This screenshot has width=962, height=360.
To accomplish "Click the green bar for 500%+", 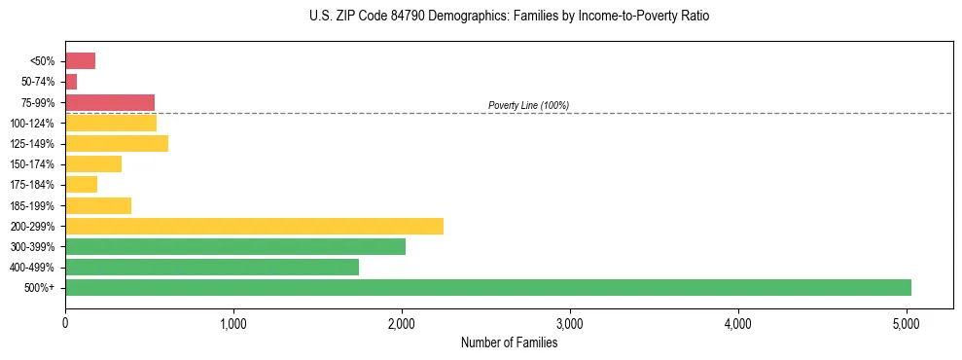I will click(x=487, y=287).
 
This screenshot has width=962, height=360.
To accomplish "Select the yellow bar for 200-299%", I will click(x=254, y=226).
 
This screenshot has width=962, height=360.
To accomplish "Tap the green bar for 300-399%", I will click(x=234, y=246).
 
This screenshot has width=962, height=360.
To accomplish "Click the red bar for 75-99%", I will click(x=109, y=102).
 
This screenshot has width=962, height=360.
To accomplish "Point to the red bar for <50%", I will click(x=80, y=61).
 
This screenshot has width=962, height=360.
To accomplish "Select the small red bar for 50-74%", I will click(x=71, y=82).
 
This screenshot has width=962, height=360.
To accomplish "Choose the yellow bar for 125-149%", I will click(x=116, y=144).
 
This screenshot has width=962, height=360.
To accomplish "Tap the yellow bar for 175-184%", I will click(x=81, y=185).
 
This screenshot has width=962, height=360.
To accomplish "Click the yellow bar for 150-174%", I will click(x=92, y=164).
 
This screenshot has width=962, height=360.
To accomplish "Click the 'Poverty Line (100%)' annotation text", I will click(x=528, y=105).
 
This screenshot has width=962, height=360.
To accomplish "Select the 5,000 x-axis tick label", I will click(x=907, y=323).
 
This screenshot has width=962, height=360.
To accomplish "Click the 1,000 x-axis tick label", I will click(x=233, y=323).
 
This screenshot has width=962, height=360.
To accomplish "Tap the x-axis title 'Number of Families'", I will click(x=509, y=342).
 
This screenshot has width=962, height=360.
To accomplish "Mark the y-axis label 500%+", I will click(x=41, y=288).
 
